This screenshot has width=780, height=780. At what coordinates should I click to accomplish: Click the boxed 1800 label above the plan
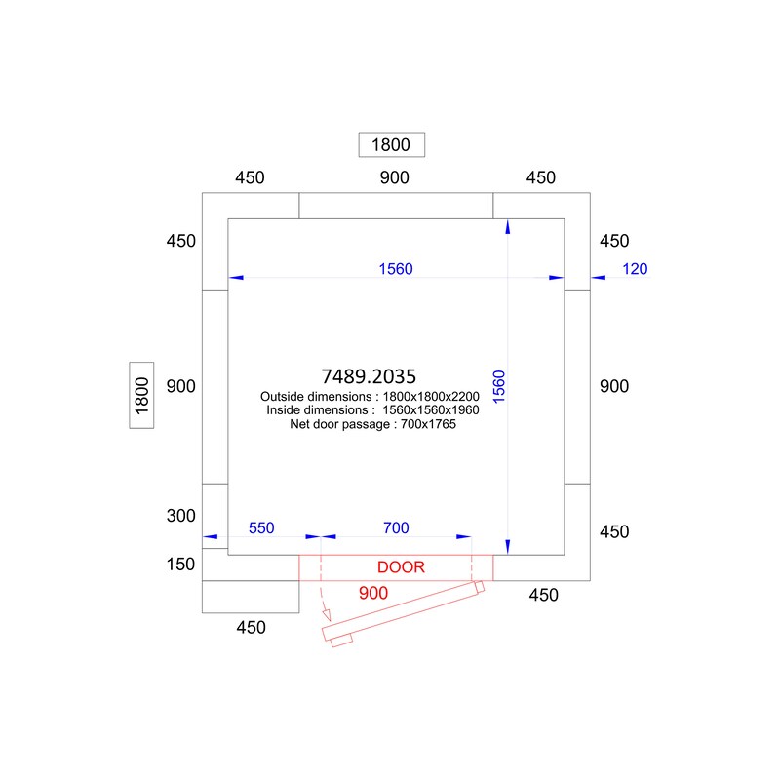click(392, 144)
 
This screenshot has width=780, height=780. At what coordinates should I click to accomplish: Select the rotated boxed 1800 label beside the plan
click(141, 396)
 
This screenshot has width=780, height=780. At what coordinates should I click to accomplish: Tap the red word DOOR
click(401, 567)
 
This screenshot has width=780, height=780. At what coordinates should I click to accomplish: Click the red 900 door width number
click(373, 593)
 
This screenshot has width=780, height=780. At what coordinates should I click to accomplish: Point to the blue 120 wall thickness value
click(635, 269)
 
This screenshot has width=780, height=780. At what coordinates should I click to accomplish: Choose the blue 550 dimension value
click(261, 527)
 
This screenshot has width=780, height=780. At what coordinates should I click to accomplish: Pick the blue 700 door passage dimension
click(396, 527)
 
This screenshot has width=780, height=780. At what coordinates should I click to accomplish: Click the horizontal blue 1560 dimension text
click(396, 269)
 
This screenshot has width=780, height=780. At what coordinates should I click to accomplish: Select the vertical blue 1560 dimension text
click(499, 386)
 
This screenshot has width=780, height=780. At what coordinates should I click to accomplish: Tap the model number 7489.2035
click(369, 376)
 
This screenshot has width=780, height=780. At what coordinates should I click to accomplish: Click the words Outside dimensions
click(316, 397)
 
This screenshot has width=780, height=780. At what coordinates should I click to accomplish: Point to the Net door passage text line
click(373, 424)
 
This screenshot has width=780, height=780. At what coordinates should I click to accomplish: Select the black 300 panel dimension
click(181, 516)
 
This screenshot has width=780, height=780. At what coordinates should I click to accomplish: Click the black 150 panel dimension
click(180, 565)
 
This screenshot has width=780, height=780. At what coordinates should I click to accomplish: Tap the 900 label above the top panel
click(395, 177)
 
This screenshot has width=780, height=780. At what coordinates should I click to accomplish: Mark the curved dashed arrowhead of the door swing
click(327, 615)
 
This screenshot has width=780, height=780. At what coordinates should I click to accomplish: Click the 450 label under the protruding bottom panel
click(251, 627)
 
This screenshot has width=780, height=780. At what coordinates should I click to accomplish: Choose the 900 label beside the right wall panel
click(614, 386)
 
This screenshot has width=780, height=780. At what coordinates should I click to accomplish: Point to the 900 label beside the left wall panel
click(181, 386)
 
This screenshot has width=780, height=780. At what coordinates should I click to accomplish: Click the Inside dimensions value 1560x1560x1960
click(431, 410)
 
